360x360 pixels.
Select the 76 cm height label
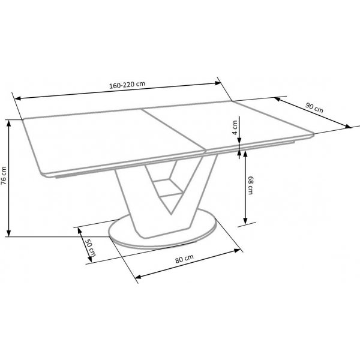pos(4,178)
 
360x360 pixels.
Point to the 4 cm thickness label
pos(235,127)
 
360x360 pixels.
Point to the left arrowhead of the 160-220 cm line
pos(17,99)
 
